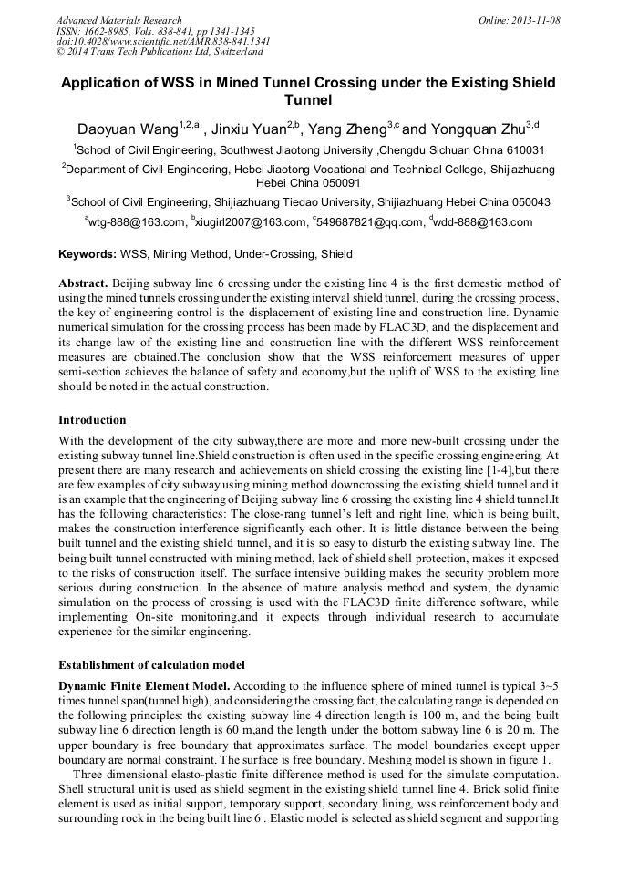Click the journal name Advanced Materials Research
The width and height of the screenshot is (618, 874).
pos(118,20)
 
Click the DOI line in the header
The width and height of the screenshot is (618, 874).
pos(162,41)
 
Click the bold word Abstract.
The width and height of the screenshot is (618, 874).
pos(84,283)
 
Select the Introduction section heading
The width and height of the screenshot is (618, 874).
pos(92,420)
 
